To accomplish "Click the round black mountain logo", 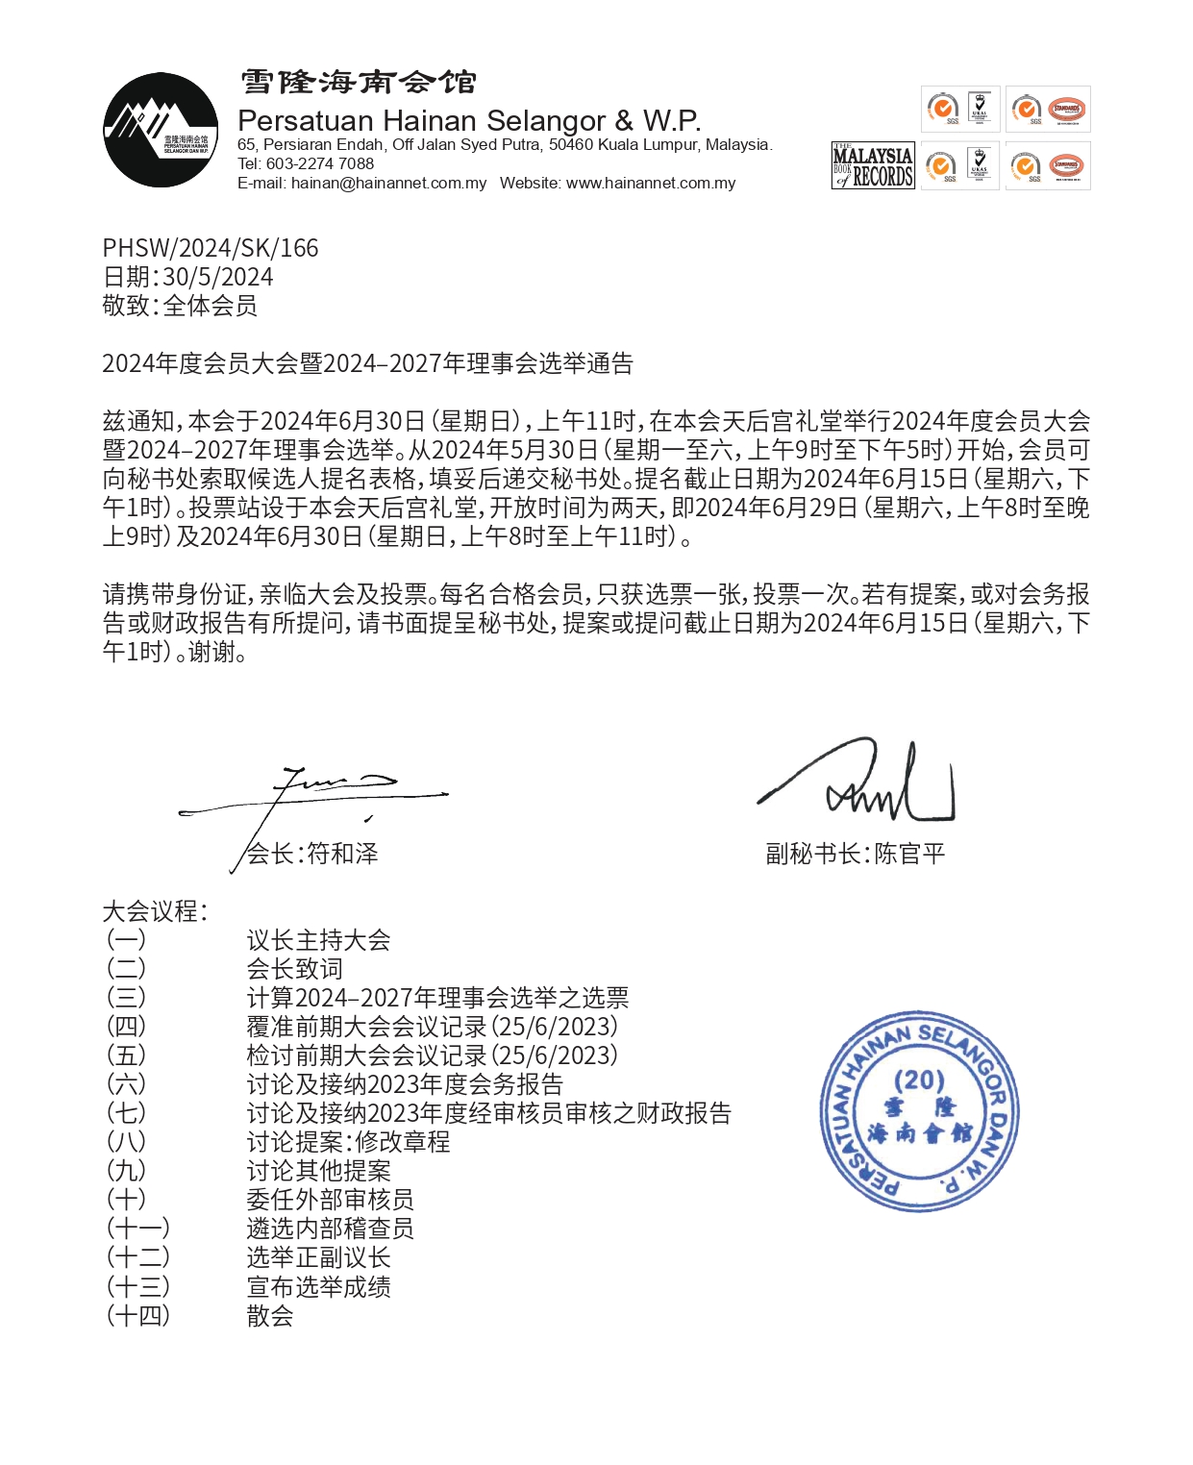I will tap(161, 130).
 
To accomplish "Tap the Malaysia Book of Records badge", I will tap(872, 166).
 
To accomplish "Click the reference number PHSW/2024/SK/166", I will tap(211, 248).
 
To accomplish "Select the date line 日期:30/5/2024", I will tap(187, 277).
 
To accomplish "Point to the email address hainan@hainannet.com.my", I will tap(388, 184).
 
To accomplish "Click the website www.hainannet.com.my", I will tap(651, 184).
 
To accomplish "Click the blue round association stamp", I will tap(919, 1111).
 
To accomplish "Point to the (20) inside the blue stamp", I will tap(919, 1080).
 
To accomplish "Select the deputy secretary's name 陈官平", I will tap(909, 854).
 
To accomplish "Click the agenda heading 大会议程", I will tap(154, 911).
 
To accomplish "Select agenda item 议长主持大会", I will tap(318, 940).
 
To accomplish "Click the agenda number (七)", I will tap(126, 1113).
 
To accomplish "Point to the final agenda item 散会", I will tap(270, 1316).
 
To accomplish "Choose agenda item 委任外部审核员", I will tap(330, 1200).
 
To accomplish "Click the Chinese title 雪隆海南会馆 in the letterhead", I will tap(358, 83).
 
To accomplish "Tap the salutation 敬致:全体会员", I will tap(180, 306).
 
